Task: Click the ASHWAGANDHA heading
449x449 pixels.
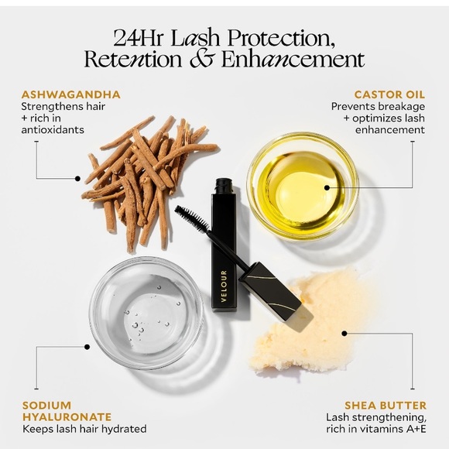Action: point(70,94)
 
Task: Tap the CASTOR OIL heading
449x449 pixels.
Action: point(389,94)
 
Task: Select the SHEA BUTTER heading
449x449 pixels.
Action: point(386,406)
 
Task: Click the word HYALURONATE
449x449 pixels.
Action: point(67,417)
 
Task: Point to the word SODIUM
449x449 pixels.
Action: point(46,406)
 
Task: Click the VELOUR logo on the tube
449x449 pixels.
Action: point(224,286)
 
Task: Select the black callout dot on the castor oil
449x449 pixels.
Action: point(327,187)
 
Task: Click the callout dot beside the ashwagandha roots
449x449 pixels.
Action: point(77,179)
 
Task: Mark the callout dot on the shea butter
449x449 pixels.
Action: point(344,334)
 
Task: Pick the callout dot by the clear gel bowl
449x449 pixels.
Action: point(87,347)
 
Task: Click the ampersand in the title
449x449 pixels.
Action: point(201,59)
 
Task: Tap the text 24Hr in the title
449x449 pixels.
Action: point(138,38)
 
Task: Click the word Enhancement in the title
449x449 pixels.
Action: point(293,59)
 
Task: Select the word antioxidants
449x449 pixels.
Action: point(53,130)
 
